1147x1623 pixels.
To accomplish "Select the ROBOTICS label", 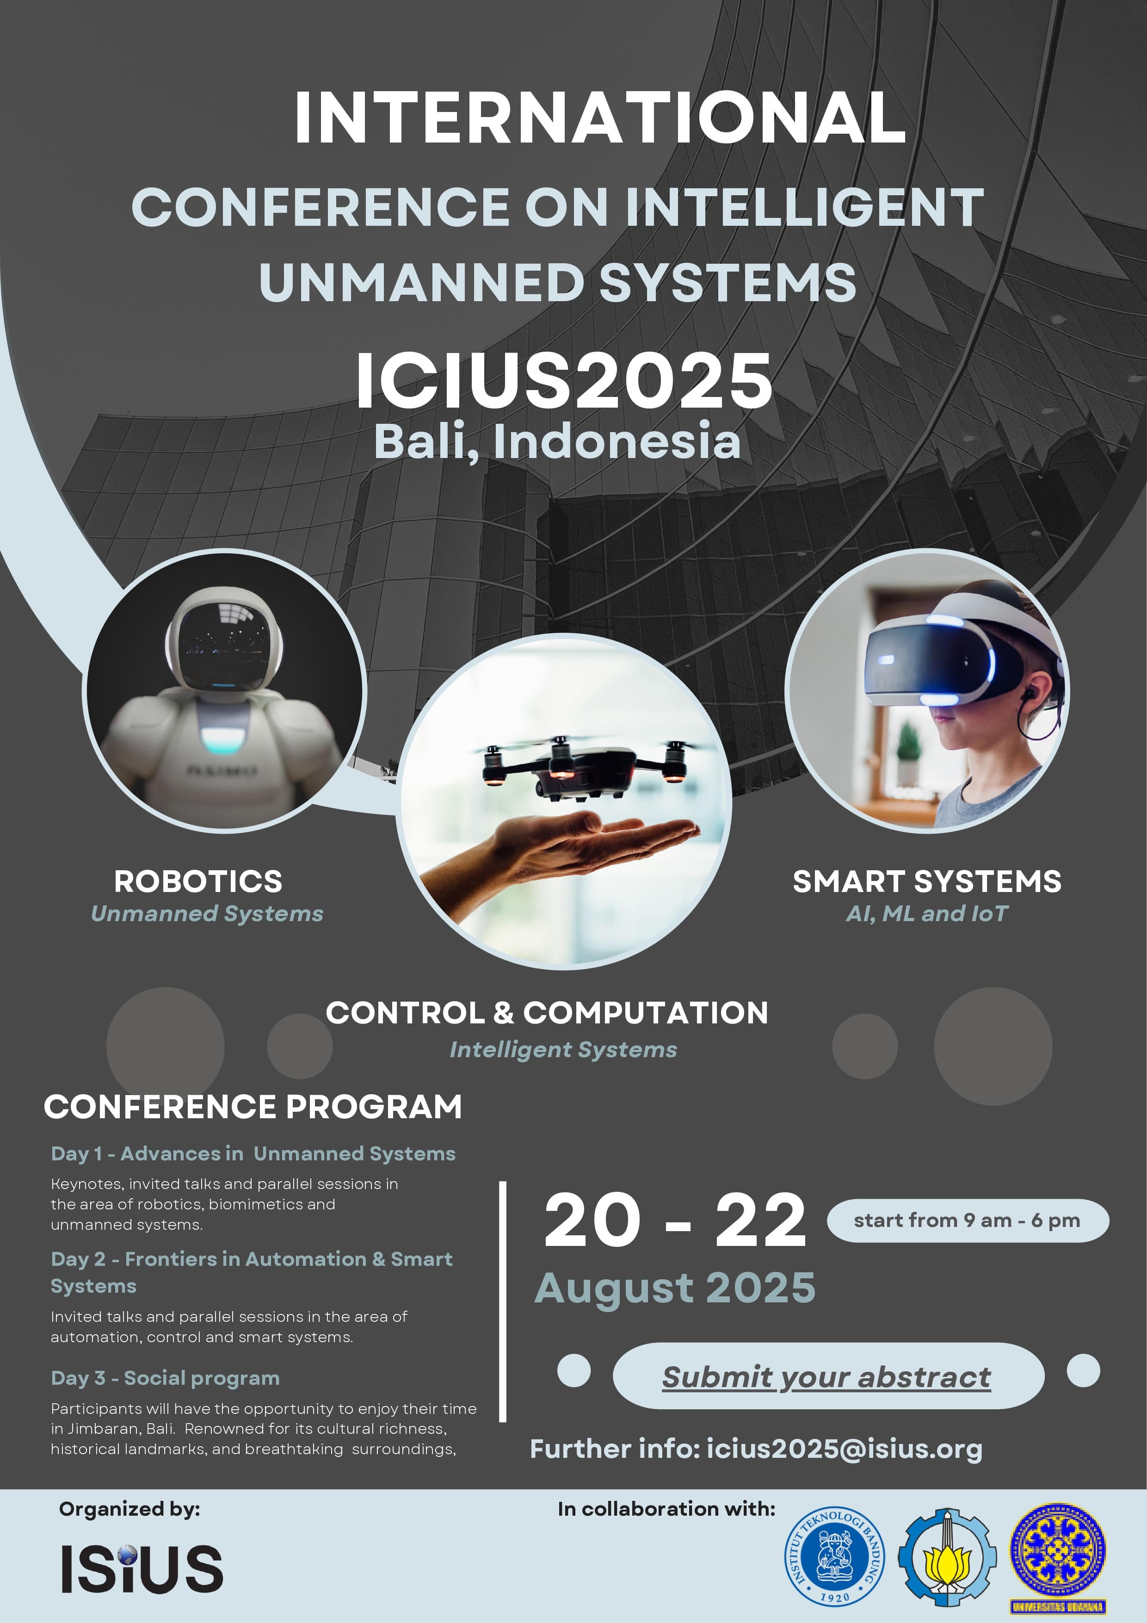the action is click(198, 881).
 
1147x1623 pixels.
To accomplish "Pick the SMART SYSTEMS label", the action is click(926, 881).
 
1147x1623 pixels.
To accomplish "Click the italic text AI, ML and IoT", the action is click(926, 913).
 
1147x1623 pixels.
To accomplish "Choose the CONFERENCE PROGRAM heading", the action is click(253, 1106).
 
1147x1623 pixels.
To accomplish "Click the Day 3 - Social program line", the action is click(166, 1378).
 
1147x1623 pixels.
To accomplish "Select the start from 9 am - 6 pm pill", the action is click(968, 1220).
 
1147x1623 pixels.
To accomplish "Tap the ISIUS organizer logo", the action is click(142, 1568).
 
